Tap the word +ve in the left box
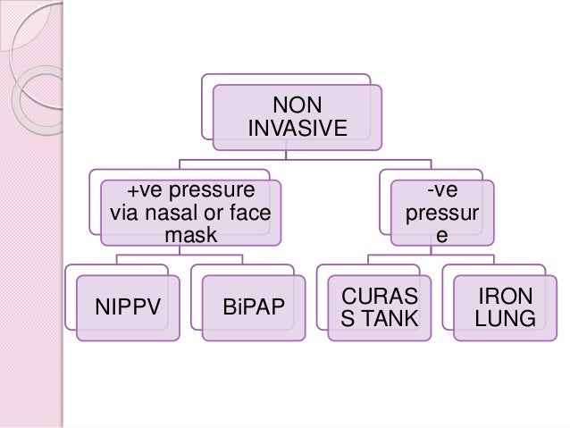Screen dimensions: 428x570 [144, 190]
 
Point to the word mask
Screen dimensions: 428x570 [190, 237]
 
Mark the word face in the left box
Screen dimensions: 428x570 [252, 214]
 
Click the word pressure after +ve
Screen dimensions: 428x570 [210, 190]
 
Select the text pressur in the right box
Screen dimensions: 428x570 [441, 215]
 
